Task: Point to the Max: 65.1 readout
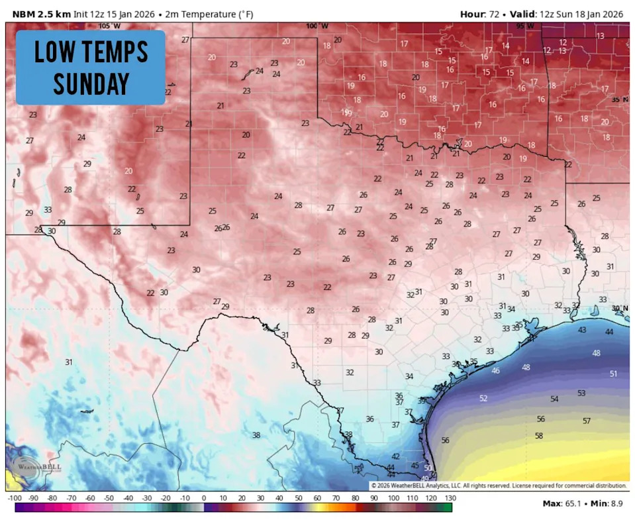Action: point(560,503)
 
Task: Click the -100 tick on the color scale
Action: point(14,497)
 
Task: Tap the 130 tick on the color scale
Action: point(450,497)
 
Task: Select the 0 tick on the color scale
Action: point(203,497)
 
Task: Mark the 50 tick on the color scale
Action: point(299,497)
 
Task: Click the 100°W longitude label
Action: point(317,26)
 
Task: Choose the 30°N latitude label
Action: point(620,308)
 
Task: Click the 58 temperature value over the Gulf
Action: point(539,435)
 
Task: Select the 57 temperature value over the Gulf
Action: point(587,421)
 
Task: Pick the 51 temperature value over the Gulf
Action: point(613,374)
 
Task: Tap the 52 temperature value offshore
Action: point(483,398)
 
